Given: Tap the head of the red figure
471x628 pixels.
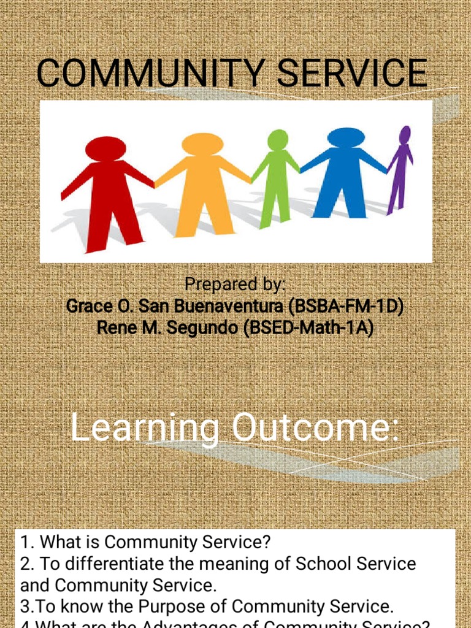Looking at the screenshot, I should coord(105,149).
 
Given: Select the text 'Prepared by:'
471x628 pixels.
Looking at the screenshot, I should coord(235,285).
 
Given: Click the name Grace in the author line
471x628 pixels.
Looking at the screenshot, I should coord(86,307).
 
